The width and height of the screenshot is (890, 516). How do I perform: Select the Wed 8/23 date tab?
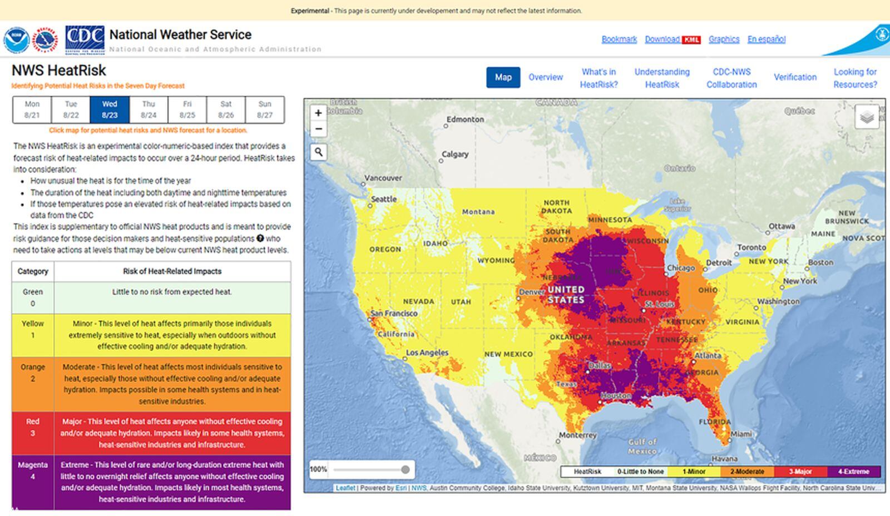110,110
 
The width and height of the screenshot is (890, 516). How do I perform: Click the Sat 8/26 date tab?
226,110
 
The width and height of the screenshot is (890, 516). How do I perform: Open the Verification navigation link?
795,77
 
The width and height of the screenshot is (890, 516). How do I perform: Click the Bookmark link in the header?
619,39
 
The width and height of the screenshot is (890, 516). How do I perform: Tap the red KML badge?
691,39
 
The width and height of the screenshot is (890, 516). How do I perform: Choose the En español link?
766,39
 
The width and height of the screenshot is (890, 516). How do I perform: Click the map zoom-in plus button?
318,113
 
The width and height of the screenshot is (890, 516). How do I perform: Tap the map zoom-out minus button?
318,129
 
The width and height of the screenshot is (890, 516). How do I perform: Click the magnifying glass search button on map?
318,152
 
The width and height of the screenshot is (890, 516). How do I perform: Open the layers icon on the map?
867,117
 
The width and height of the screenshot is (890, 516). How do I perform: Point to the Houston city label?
616,395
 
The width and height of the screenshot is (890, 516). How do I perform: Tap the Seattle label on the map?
384,199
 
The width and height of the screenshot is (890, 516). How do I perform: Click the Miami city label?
741,434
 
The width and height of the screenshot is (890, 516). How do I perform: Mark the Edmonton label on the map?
465,119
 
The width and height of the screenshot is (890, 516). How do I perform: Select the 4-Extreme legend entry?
853,472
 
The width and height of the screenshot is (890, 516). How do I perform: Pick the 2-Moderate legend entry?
747,472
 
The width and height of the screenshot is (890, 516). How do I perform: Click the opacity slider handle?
406,470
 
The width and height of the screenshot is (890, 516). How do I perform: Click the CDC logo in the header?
85,39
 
